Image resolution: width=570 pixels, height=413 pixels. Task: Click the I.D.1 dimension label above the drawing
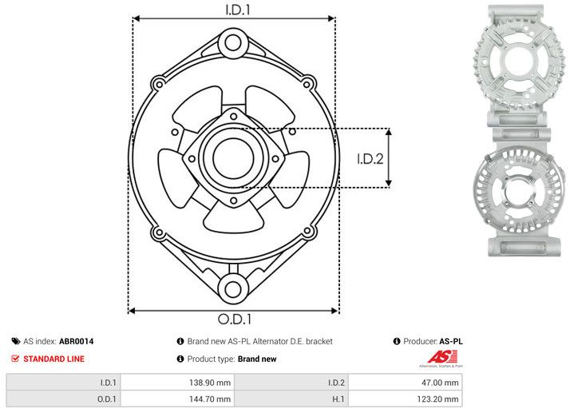click(x=234, y=10)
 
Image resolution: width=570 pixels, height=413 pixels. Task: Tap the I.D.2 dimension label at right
click(x=370, y=158)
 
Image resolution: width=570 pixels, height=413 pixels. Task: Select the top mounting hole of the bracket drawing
click(x=233, y=42)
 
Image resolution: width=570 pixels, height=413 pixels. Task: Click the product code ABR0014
click(x=77, y=341)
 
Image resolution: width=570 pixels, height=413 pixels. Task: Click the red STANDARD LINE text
click(x=53, y=359)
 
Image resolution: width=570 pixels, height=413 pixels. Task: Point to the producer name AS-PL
click(x=451, y=341)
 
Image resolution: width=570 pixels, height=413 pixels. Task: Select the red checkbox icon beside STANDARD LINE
click(x=14, y=359)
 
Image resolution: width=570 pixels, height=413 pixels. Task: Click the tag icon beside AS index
click(x=14, y=341)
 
